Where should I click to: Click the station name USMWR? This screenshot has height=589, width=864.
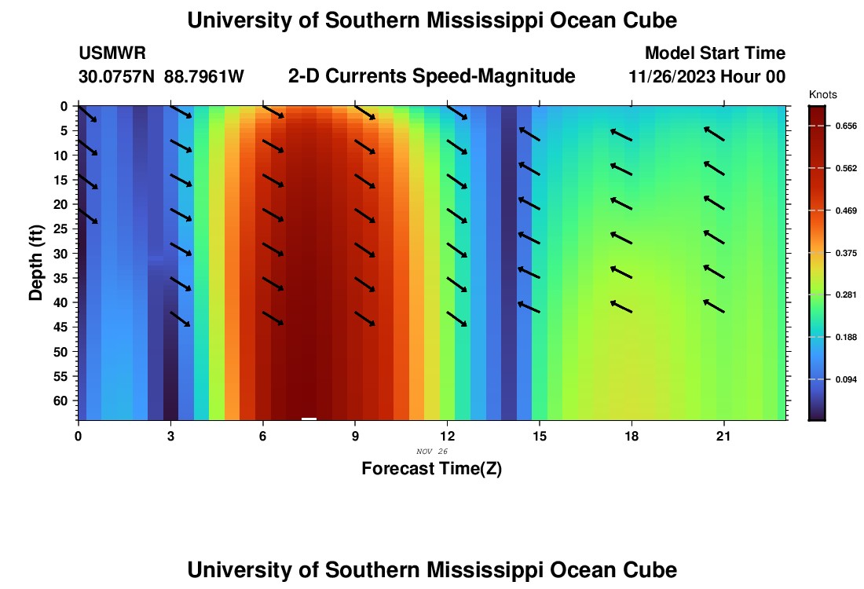tap(112, 53)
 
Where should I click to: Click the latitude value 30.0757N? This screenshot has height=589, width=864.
tap(117, 77)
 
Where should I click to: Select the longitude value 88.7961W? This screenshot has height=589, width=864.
tap(204, 77)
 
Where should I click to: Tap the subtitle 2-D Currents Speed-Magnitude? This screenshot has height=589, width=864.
tap(432, 76)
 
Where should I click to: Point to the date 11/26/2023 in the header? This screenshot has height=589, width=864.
tap(672, 77)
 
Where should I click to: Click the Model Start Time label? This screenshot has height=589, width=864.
tap(715, 53)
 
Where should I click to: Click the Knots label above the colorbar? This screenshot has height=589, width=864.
tap(822, 95)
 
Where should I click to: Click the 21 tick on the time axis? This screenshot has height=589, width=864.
tap(723, 436)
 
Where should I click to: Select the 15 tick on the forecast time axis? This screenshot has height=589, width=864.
tap(540, 436)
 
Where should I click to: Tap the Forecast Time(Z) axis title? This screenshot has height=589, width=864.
tap(431, 469)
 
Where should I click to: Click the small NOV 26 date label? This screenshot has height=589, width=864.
tap(431, 452)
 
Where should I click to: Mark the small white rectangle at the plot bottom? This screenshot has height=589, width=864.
tap(309, 419)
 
